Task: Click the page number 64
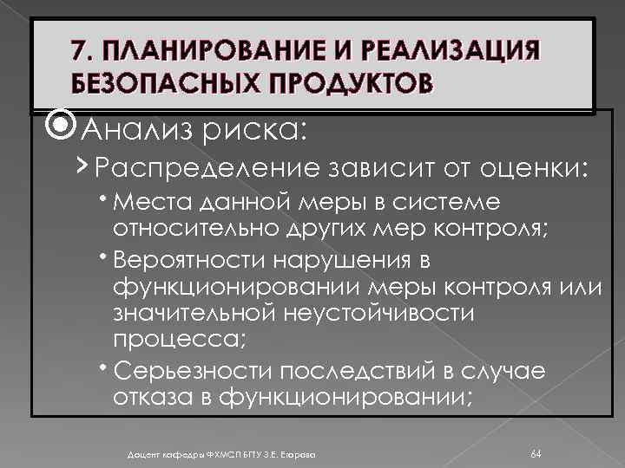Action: pyautogui.click(x=536, y=452)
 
